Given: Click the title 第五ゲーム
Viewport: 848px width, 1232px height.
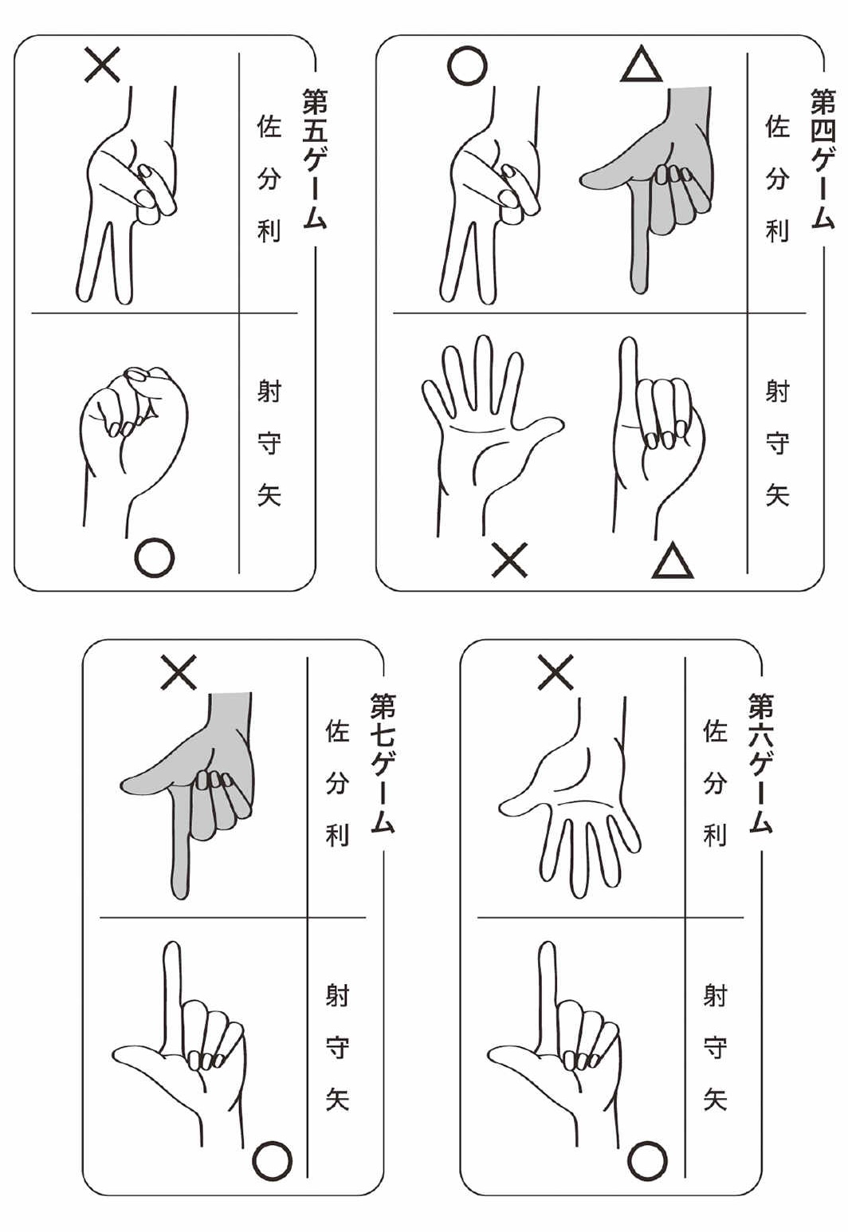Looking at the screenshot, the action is coord(315,159).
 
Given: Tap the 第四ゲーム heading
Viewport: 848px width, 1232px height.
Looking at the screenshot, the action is coord(822,159).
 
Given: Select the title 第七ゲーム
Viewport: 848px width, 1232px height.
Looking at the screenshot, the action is coord(383,763).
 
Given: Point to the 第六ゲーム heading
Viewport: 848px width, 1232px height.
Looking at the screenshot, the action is coord(760,763).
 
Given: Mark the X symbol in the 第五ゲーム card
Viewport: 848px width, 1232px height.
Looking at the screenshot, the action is coord(102,65).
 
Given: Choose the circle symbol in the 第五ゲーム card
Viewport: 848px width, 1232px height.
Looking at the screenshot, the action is coord(155,557).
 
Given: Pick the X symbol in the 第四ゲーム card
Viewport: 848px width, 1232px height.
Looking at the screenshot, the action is coord(509,559).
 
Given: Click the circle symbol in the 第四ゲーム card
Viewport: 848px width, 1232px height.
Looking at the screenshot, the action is coord(467,65).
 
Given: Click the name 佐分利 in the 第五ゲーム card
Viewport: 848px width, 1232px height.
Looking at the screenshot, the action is coord(269,178).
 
